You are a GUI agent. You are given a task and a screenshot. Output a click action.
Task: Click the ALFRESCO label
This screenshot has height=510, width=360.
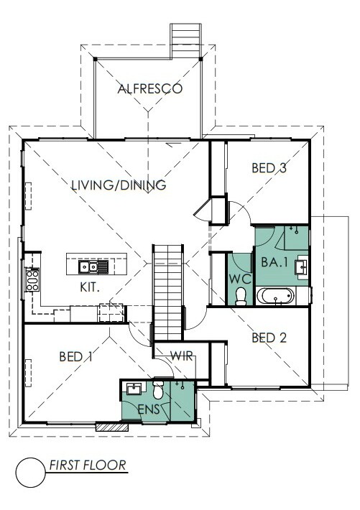pyautogui.click(x=149, y=89)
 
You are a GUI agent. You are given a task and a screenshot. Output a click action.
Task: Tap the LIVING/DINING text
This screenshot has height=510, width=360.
pyautogui.click(x=119, y=185)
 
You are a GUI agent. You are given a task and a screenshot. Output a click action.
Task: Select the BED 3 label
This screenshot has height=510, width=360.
pyautogui.click(x=269, y=168)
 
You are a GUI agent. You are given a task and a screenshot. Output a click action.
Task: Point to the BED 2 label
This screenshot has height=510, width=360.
pyautogui.click(x=269, y=338)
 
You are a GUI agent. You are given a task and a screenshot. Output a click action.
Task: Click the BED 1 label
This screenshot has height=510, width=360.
pyautogui.click(x=76, y=357)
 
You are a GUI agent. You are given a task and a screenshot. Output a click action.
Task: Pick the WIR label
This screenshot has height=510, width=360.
pyautogui.click(x=182, y=356)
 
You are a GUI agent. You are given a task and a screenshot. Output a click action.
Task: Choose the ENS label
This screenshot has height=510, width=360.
pyautogui.click(x=149, y=409)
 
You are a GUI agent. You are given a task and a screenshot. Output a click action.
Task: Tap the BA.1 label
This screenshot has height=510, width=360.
pyautogui.click(x=274, y=262)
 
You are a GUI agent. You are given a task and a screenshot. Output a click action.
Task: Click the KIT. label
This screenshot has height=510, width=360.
pyautogui.click(x=90, y=287)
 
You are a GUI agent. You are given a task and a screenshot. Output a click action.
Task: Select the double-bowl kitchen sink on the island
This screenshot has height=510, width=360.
pyautogui.click(x=93, y=266)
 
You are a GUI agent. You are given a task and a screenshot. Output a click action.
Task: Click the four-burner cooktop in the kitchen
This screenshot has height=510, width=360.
pyautogui.click(x=32, y=279)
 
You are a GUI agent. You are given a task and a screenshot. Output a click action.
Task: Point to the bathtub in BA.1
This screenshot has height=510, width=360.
pyautogui.click(x=275, y=296)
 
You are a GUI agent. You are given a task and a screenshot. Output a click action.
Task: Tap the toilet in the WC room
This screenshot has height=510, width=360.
pyautogui.click(x=241, y=297)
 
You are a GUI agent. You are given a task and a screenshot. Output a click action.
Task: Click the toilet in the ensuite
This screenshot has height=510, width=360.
pyautogui.click(x=159, y=389)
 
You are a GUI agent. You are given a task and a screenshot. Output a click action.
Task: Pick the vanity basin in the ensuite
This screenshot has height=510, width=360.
pyautogui.click(x=134, y=389)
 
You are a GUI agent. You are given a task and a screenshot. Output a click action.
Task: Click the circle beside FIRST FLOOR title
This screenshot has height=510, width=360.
pyautogui.click(x=31, y=472)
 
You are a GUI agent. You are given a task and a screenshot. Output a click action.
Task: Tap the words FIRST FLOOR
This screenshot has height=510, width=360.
pyautogui.click(x=88, y=465)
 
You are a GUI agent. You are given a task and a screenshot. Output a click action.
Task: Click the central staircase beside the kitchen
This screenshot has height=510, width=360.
pyautogui.click(x=167, y=293)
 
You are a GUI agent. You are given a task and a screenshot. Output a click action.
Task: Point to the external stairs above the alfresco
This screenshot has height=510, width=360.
pyautogui.click(x=185, y=41)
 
